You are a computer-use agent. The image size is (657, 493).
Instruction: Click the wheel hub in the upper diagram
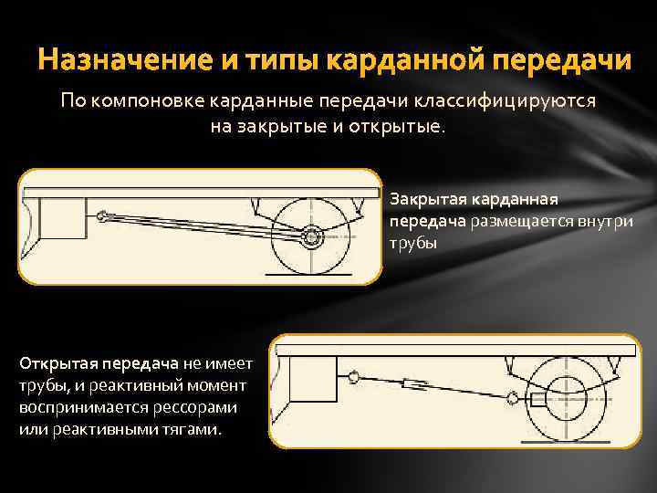coord(313,237)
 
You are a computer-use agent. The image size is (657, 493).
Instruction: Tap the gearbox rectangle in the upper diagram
coord(62,217)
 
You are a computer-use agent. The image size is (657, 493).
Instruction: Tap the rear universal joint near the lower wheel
coord(517,398)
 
